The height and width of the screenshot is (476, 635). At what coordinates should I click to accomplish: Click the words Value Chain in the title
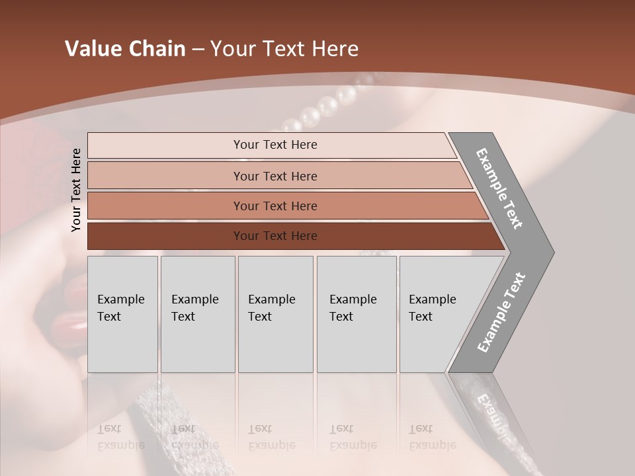coord(125,49)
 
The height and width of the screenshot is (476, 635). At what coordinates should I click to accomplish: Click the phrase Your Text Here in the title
coord(284,49)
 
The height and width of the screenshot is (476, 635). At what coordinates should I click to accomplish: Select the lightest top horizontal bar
coord(165,145)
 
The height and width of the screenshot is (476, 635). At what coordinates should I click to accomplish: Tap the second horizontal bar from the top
coord(165,176)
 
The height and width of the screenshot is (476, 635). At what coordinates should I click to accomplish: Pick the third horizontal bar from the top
coord(165,206)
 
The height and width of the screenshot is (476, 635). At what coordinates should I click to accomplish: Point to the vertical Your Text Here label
coord(76,190)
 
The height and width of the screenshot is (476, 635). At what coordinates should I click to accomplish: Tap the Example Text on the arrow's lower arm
coord(501,313)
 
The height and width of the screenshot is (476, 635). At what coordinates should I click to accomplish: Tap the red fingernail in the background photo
coord(67,323)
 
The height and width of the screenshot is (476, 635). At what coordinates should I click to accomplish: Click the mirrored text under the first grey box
coord(121,437)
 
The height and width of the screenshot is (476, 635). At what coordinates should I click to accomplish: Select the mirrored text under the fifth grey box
coord(432,437)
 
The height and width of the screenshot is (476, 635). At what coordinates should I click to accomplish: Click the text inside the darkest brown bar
coord(275,236)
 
